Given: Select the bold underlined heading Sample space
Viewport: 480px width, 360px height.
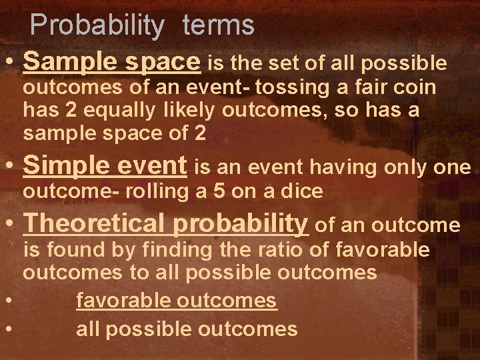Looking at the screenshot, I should click(111, 63).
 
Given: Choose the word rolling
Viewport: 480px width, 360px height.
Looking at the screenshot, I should click(149, 193).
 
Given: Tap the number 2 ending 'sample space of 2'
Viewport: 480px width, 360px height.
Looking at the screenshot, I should click(199, 133).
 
